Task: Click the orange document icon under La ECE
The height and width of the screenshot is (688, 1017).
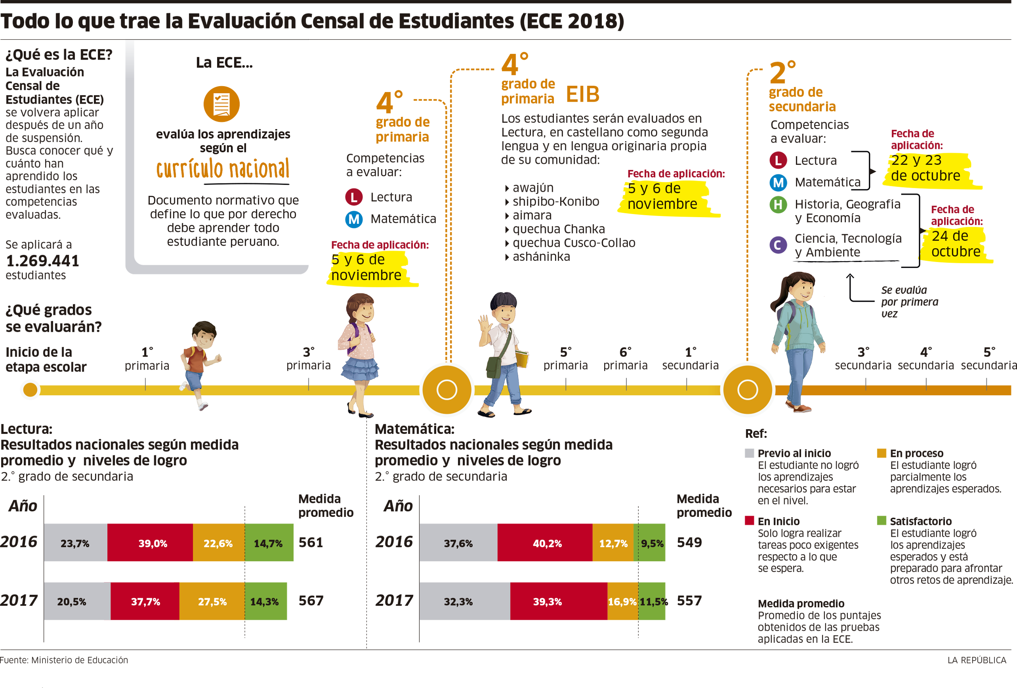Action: point(221,104)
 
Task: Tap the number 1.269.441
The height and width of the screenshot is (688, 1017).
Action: point(42,261)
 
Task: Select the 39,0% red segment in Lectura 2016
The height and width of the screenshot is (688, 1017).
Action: point(150,543)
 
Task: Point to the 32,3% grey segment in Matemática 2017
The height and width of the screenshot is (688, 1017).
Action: point(464,601)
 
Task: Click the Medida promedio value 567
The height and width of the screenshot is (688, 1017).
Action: point(311,600)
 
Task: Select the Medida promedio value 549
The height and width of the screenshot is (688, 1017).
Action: point(689,542)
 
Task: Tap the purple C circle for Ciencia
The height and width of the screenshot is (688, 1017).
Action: point(778,245)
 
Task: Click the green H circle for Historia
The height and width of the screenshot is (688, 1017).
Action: point(778,205)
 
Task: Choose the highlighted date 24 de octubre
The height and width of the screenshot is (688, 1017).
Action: point(956,244)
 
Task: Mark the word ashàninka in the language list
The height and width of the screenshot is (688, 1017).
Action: point(541,256)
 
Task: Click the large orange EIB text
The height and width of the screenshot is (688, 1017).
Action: point(582,94)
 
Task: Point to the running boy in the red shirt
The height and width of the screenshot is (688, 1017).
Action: point(200,363)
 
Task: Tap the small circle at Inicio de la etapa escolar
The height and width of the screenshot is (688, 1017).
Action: point(30,389)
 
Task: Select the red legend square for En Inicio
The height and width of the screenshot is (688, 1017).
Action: point(749,520)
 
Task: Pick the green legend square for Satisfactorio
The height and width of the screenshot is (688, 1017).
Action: point(881,520)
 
